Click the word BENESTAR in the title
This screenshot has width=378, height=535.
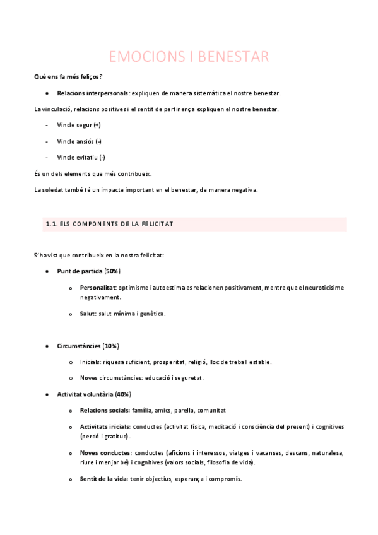[233, 57]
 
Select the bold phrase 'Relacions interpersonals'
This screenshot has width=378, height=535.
[92, 93]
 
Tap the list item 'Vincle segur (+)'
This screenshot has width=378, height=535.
[78, 125]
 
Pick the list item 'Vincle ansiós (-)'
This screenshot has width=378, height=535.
[79, 141]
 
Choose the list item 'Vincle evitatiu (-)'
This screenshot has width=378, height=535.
[81, 157]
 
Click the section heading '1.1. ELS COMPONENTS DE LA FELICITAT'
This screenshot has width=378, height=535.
[109, 224]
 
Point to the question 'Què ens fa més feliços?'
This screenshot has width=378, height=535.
[68, 77]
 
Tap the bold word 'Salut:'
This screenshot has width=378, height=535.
[88, 314]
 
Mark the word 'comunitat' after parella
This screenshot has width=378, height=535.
[211, 410]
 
